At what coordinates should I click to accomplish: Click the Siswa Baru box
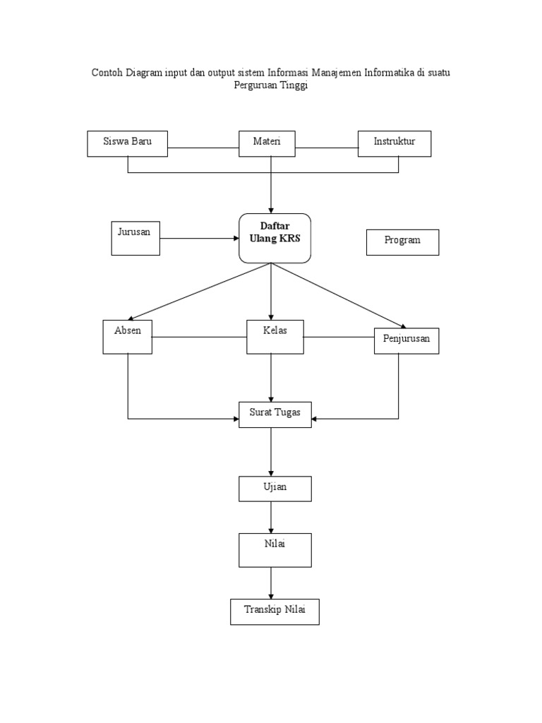pyautogui.click(x=128, y=143)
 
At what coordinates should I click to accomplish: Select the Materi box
pyautogui.click(x=267, y=143)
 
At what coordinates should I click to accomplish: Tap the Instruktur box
pyautogui.click(x=395, y=143)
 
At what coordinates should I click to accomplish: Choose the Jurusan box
pyautogui.click(x=135, y=238)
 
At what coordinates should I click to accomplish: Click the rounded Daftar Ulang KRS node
pyautogui.click(x=275, y=238)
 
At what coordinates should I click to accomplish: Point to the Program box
pyautogui.click(x=402, y=242)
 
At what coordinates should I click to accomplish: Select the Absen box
pyautogui.click(x=128, y=337)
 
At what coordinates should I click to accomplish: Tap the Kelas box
pyautogui.click(x=275, y=337)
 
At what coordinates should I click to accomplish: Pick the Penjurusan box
pyautogui.click(x=406, y=341)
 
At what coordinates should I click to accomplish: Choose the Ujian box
pyautogui.click(x=275, y=489)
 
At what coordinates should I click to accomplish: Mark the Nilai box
pyautogui.click(x=275, y=550)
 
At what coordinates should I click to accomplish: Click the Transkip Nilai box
pyautogui.click(x=275, y=611)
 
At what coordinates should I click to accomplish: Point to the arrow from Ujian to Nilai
pyautogui.click(x=272, y=518)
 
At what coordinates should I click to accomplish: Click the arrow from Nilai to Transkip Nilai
pyautogui.click(x=272, y=583)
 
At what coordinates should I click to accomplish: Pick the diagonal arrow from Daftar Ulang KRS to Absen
pyautogui.click(x=200, y=292)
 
